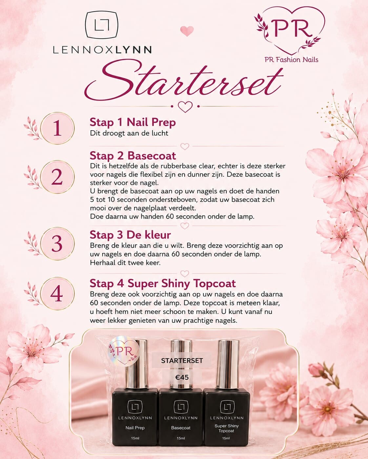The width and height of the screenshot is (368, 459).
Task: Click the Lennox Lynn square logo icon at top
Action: click(x=101, y=25)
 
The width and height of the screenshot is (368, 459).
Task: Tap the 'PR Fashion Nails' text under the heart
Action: click(x=291, y=60)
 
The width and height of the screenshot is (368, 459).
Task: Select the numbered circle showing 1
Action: click(x=57, y=128)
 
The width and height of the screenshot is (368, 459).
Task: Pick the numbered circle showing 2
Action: click(x=57, y=177)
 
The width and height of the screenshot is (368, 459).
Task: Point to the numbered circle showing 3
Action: click(x=57, y=244)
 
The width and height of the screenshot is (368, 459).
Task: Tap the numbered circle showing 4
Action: click(x=57, y=293)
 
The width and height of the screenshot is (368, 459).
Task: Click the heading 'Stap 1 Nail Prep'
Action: click(x=133, y=123)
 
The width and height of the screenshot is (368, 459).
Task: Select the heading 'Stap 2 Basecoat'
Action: click(x=133, y=156)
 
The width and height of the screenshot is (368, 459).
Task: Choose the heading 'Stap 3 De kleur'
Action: click(x=130, y=235)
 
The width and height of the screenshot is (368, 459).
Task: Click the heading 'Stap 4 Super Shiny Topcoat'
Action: click(x=163, y=284)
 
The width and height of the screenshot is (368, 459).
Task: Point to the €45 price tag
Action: click(x=182, y=377)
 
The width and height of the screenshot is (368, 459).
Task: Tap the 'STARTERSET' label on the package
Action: click(x=182, y=361)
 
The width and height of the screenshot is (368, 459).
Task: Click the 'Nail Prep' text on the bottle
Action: click(x=135, y=428)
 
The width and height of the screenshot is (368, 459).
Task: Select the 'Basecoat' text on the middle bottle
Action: click(x=181, y=428)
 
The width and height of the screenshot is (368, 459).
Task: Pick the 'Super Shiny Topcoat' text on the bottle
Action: click(x=227, y=428)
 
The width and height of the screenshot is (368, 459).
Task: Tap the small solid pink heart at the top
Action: click(x=187, y=31)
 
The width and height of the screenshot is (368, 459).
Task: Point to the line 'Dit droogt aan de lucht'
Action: click(x=129, y=133)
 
